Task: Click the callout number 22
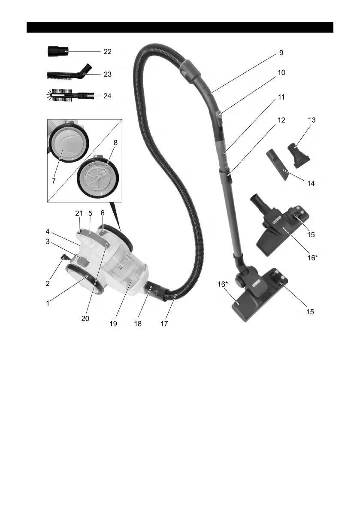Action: [107, 51]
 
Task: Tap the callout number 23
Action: [107, 74]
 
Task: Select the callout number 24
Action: [107, 96]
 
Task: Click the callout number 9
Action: [281, 53]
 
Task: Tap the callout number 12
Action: [281, 121]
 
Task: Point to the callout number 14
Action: [311, 183]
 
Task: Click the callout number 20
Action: [85, 320]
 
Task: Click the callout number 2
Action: [48, 283]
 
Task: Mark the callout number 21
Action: [78, 213]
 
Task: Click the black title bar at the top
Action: [180, 27]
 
